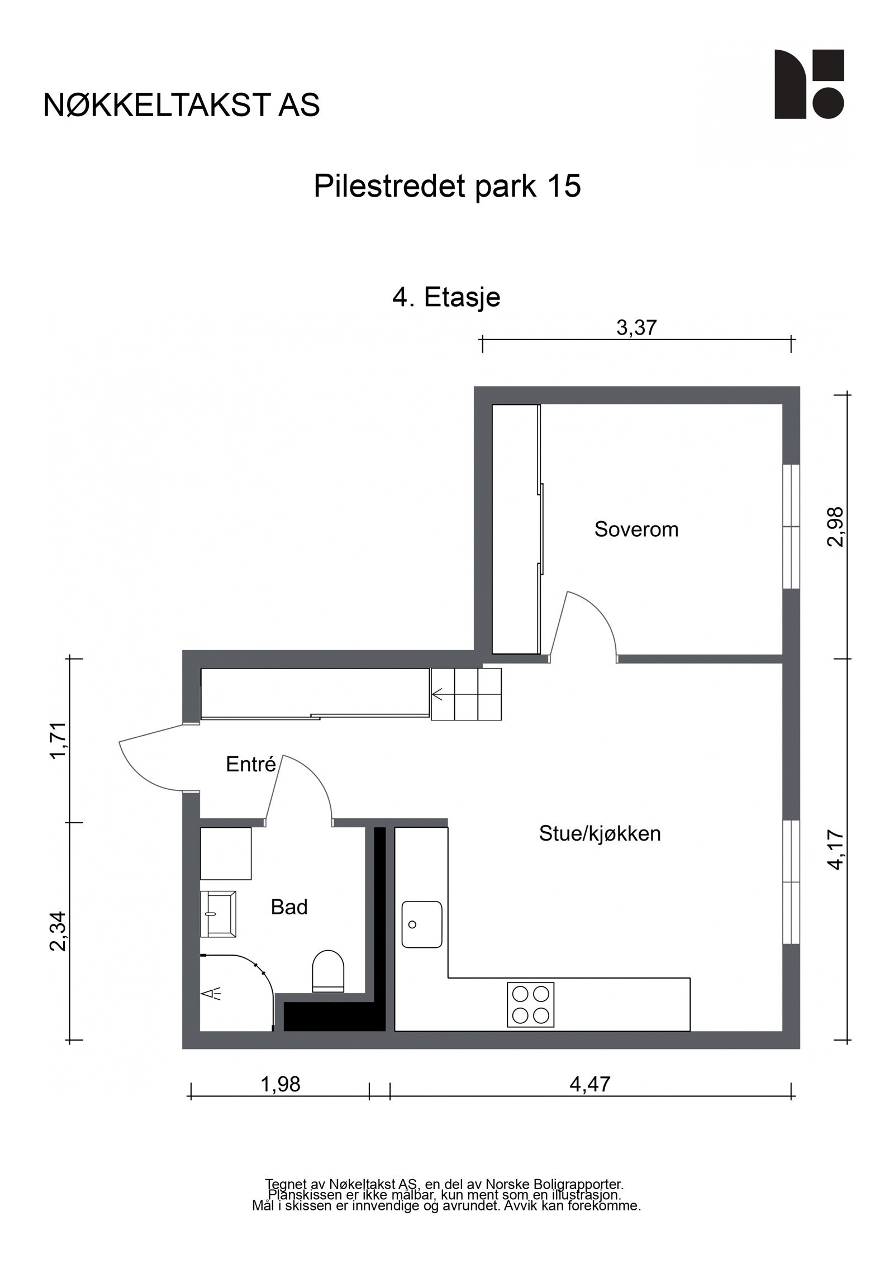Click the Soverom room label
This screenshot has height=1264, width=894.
coord(636,529)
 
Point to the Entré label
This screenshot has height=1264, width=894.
coord(251,764)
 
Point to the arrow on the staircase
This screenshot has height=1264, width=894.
coord(438,695)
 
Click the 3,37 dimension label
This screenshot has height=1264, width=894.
coord(636,328)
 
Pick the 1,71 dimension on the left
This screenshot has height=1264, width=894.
coord(59,741)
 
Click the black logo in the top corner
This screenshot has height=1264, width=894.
coord(809,84)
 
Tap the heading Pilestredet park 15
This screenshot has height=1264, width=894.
coord(447,186)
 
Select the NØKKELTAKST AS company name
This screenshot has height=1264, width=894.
coord(182,105)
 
